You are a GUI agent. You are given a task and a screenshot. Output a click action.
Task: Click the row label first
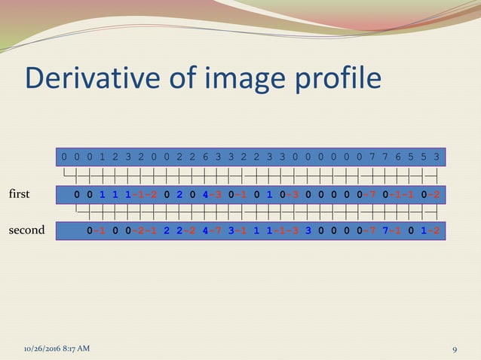[18, 194]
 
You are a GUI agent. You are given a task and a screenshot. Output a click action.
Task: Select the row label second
[26, 230]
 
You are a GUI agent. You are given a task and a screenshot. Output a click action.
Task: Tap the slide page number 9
[455, 349]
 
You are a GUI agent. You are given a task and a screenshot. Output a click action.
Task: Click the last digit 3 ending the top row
[437, 157]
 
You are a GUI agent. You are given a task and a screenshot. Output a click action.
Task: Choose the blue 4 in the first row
[204, 194]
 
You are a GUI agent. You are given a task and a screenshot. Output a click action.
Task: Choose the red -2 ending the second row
[434, 230]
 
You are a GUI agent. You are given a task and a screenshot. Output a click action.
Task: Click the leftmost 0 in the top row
[64, 157]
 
